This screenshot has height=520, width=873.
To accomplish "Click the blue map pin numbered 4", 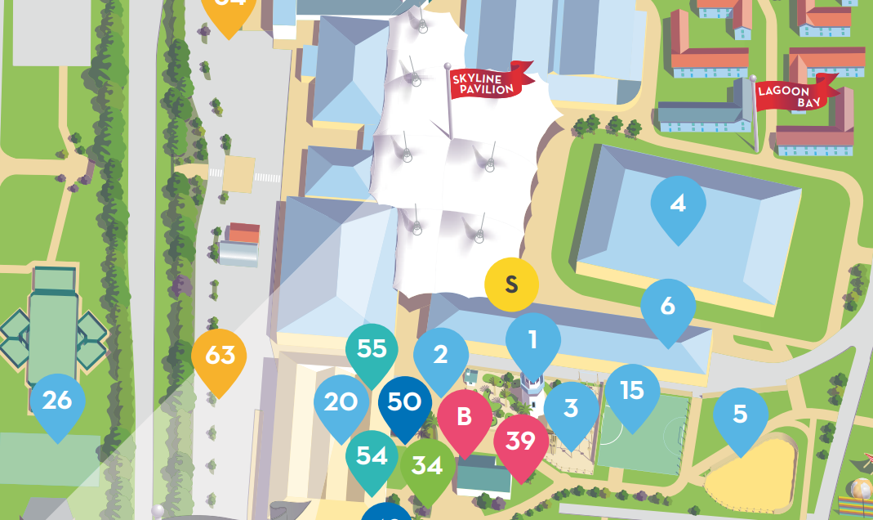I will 678,204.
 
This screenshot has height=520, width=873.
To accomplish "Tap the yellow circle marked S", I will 511,285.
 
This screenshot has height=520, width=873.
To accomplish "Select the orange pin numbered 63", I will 220,357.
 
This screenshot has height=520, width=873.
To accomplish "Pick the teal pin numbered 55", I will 372,350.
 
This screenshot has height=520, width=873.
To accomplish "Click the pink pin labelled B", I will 464,417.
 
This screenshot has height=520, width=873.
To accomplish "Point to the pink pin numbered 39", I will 520,442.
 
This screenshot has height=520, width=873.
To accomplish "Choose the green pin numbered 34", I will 427,467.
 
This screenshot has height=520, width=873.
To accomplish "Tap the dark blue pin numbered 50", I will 405,403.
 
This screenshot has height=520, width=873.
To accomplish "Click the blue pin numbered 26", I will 57,401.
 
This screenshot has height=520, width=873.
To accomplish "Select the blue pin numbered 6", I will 667,307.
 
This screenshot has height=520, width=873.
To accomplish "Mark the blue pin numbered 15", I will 632,392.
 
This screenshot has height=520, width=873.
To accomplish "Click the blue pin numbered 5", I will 740,415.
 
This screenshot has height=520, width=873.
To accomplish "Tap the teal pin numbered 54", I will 372,457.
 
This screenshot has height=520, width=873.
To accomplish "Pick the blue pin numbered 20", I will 341,403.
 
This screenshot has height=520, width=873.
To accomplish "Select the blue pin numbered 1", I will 532,341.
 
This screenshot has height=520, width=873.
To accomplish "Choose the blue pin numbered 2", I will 440,356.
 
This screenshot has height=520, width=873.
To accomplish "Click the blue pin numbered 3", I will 571,409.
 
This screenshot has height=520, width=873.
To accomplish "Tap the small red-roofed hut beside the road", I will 243,235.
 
